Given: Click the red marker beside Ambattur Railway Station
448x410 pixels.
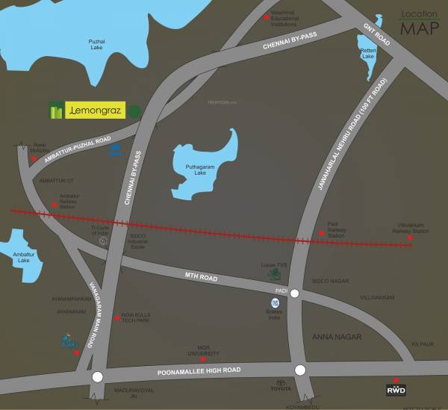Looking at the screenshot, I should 53,201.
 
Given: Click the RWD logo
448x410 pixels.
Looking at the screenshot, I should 396,390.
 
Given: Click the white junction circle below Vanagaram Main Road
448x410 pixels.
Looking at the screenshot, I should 96,378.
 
